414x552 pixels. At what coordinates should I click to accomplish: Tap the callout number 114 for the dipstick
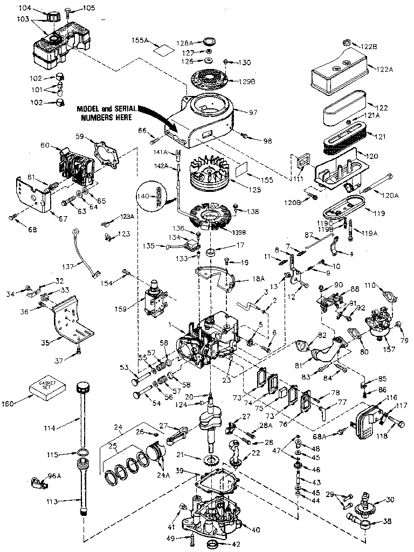pos(50,428)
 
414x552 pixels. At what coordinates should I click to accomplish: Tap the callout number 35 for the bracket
pos(46,341)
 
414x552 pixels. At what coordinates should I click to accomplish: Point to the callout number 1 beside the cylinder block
pos(171,325)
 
